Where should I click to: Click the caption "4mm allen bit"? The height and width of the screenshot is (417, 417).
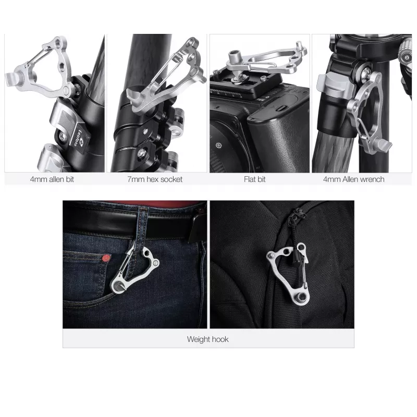pyautogui.click(x=52, y=179)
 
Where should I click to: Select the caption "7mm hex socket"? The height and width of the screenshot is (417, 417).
pyautogui.click(x=155, y=179)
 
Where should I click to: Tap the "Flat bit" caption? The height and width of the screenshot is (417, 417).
pyautogui.click(x=254, y=179)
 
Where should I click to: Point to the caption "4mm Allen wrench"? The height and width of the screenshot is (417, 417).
pyautogui.click(x=354, y=179)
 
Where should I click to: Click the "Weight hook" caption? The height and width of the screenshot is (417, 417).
pyautogui.click(x=207, y=339)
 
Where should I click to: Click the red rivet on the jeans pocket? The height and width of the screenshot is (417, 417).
pyautogui.click(x=106, y=257)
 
